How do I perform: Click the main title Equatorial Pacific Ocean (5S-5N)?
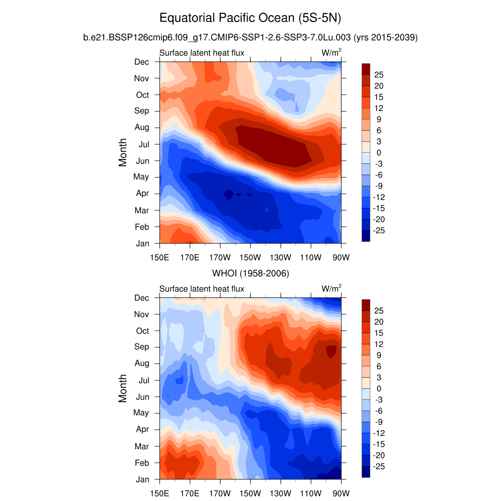click(250, 19)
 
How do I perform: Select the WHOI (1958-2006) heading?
click(250, 273)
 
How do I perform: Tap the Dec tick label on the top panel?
click(142, 62)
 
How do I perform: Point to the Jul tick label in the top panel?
click(143, 144)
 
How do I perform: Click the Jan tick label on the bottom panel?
click(142, 479)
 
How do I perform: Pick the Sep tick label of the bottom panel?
click(142, 347)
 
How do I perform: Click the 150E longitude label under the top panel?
click(160, 257)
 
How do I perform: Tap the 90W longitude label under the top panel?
click(341, 257)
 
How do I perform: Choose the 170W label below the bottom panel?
click(220, 493)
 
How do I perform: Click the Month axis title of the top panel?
click(123, 152)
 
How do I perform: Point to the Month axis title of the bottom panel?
click(123, 388)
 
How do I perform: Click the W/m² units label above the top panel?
click(331, 53)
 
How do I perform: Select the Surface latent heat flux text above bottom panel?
click(202, 289)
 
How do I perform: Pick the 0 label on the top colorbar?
click(379, 153)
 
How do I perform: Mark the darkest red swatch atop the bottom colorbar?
click(366, 305)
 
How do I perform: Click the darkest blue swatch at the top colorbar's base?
click(366, 236)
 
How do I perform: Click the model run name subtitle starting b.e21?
click(250, 37)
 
